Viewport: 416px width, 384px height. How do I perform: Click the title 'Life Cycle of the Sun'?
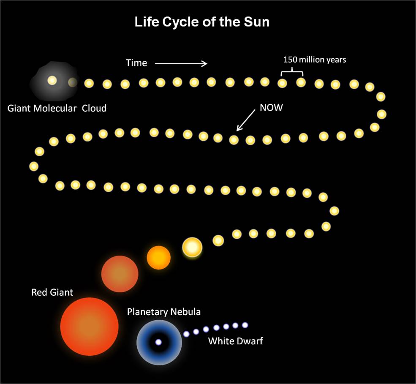(202, 22)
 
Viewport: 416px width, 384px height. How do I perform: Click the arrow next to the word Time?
(181, 63)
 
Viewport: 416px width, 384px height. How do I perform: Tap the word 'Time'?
(136, 63)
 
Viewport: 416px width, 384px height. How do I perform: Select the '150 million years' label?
(315, 60)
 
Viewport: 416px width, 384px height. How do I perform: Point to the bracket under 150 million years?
(292, 72)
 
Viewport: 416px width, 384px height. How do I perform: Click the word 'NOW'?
(271, 107)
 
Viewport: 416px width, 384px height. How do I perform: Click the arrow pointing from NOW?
(246, 120)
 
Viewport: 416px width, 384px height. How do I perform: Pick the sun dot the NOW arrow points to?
(234, 139)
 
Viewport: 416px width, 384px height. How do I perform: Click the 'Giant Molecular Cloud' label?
(57, 108)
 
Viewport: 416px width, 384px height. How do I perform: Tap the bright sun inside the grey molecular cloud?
(52, 80)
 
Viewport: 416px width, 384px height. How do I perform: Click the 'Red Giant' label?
(52, 292)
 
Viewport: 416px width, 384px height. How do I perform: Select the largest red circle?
(90, 327)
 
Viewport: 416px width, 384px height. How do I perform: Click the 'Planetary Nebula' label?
(164, 312)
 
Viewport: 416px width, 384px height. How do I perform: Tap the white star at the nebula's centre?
(158, 342)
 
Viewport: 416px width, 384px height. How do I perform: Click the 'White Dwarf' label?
(236, 341)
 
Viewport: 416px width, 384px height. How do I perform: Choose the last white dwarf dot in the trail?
(245, 325)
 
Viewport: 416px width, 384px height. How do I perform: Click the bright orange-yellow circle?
(159, 257)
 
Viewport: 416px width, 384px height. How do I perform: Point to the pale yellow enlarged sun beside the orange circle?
(192, 247)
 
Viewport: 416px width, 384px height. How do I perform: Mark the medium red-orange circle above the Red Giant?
(120, 274)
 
